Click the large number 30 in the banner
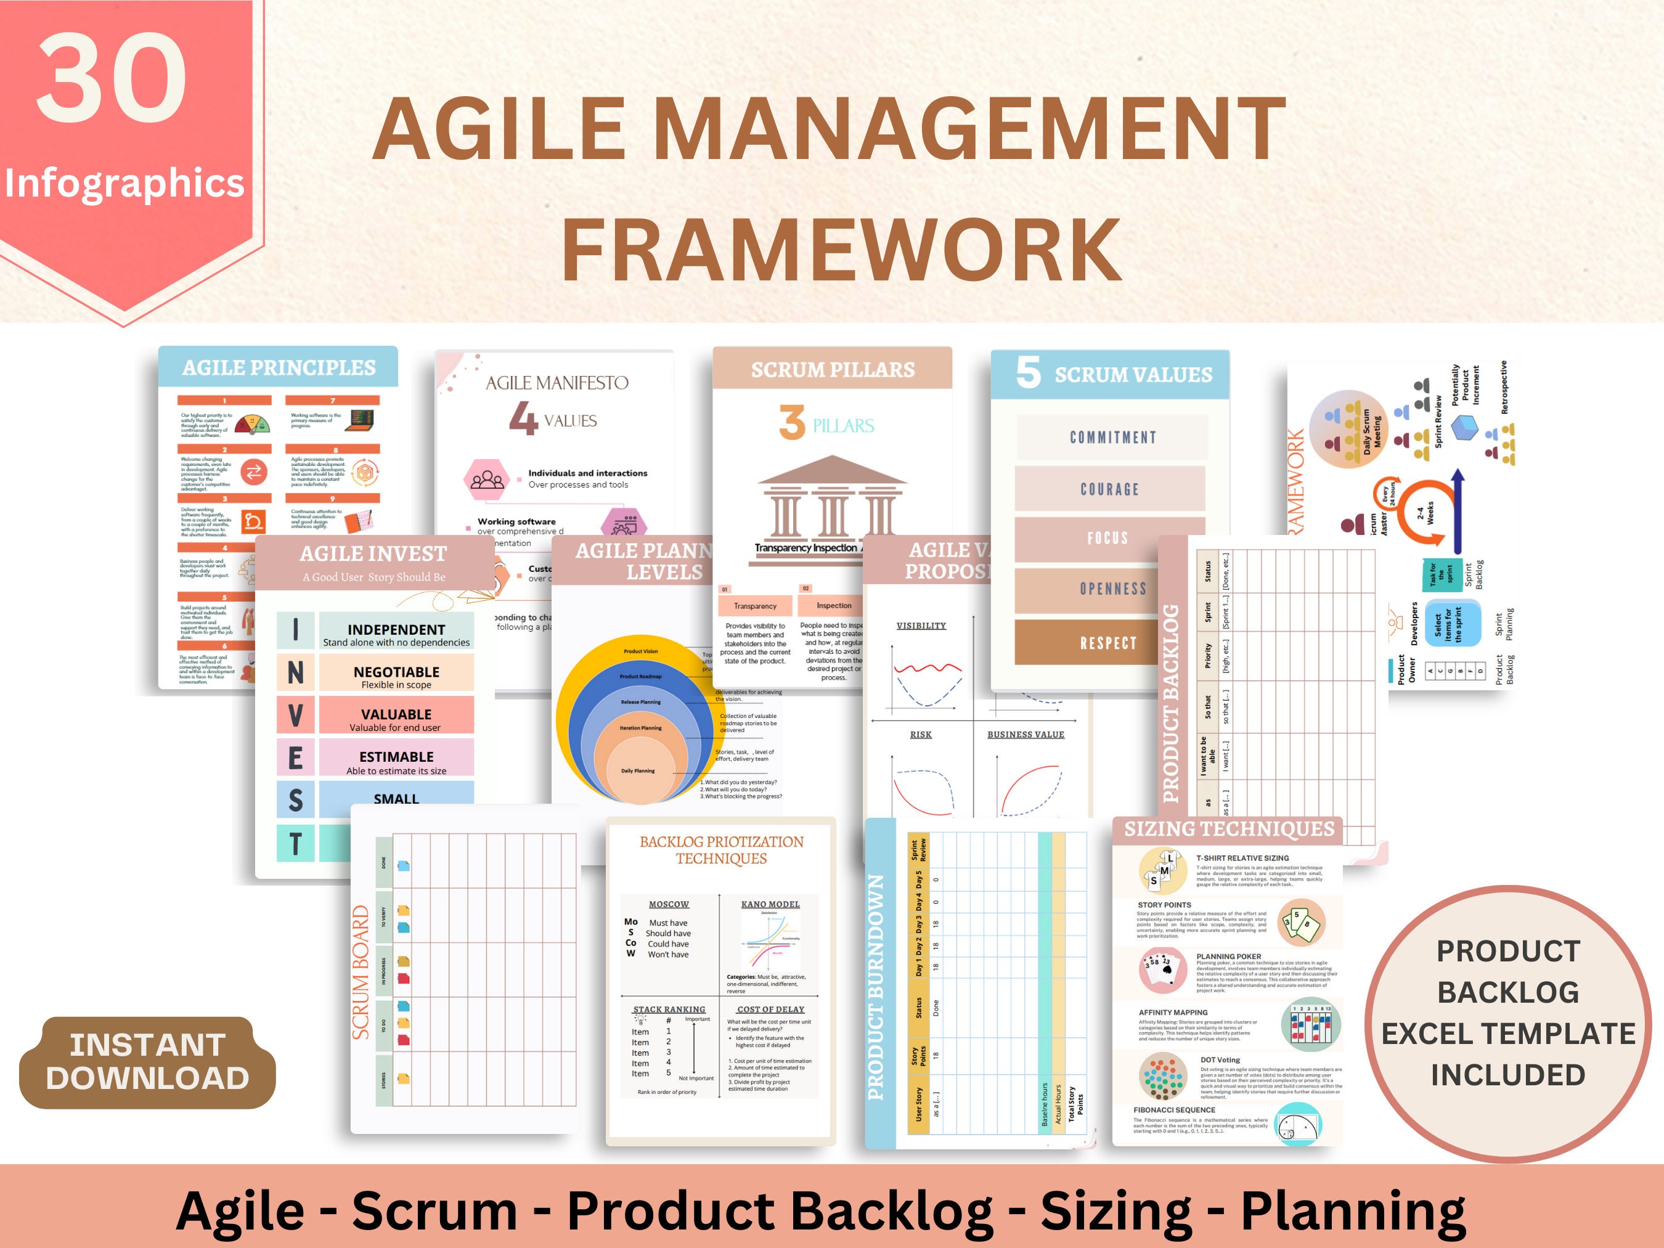[x=112, y=79]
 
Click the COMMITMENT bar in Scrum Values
[x=1112, y=437]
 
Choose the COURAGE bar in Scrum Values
[x=1109, y=489]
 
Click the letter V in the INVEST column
[x=296, y=715]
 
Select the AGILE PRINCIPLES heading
[x=279, y=368]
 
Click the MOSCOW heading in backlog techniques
[x=669, y=904]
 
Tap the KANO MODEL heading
[x=770, y=904]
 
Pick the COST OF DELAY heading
[x=770, y=1009]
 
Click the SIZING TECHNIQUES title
[x=1228, y=829]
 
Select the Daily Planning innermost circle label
[x=637, y=771]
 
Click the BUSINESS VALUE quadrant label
[x=1026, y=735]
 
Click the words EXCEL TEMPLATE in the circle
[x=1507, y=1034]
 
